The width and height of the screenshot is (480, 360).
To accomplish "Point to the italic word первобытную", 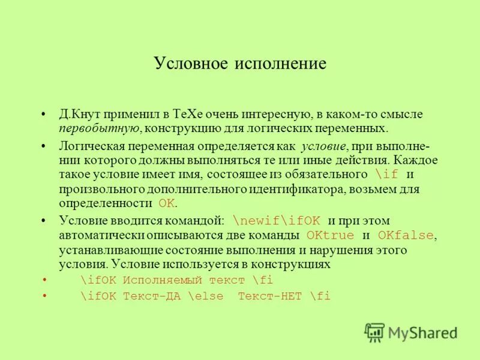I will tap(99, 128).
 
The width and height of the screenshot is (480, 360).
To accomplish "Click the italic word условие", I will tap(323, 146).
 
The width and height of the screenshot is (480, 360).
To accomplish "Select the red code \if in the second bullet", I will tap(386, 175).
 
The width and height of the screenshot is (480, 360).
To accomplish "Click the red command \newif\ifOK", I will tap(276, 221).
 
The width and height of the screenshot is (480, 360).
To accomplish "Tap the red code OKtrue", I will tap(330, 235).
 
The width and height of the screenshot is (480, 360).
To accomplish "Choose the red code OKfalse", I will tap(406, 235).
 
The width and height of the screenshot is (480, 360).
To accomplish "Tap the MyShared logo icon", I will tap(374, 332).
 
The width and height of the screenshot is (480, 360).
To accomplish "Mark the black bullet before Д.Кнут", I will tap(43, 115).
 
